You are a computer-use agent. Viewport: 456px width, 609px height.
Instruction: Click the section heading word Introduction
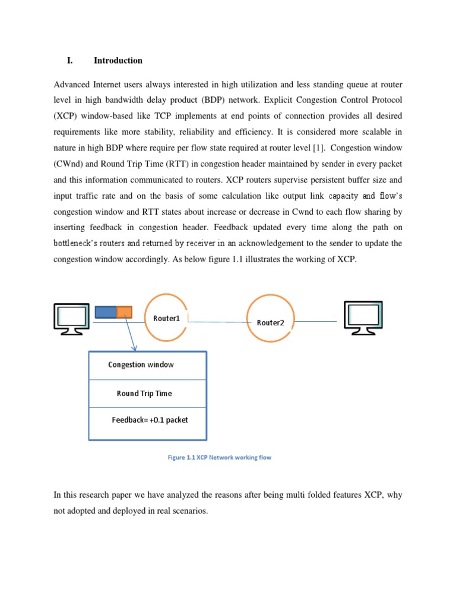(118, 60)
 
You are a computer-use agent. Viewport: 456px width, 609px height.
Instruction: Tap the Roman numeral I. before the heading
(70, 60)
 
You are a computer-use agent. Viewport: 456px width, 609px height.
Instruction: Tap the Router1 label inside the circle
(166, 318)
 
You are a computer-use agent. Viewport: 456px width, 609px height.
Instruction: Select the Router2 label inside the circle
(270, 322)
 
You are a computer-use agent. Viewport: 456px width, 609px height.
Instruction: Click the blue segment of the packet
(106, 312)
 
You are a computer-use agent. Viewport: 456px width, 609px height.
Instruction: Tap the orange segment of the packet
(124, 312)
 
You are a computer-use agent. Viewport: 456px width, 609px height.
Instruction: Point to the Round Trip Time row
(144, 393)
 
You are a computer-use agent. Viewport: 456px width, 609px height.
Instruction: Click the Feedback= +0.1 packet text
(150, 420)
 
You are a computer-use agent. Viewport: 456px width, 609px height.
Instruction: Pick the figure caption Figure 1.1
(220, 457)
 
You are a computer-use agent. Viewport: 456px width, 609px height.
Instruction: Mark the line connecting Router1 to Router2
(217, 322)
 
